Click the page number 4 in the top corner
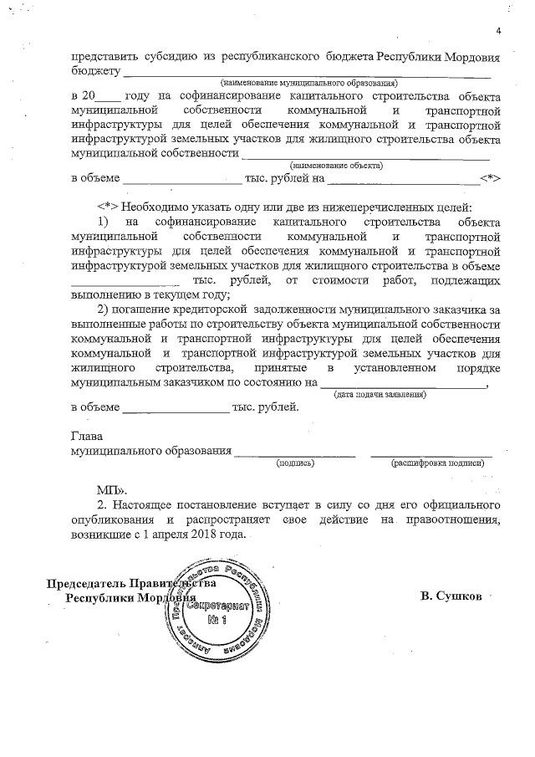tap(497, 32)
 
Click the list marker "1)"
tap(104, 221)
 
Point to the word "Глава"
tap(85, 436)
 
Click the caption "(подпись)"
tap(294, 462)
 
